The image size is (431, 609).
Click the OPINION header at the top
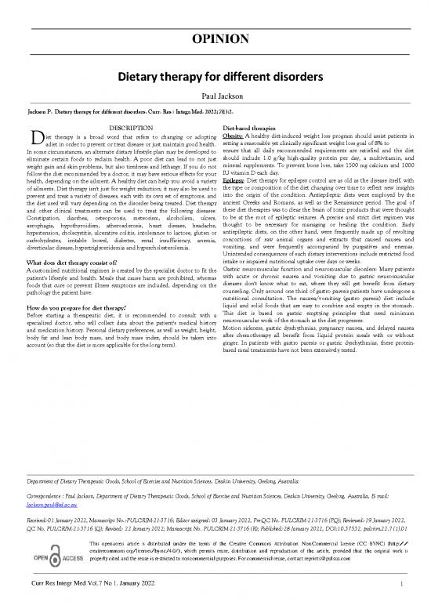[215, 38]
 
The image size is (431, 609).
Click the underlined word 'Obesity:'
[236, 134]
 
